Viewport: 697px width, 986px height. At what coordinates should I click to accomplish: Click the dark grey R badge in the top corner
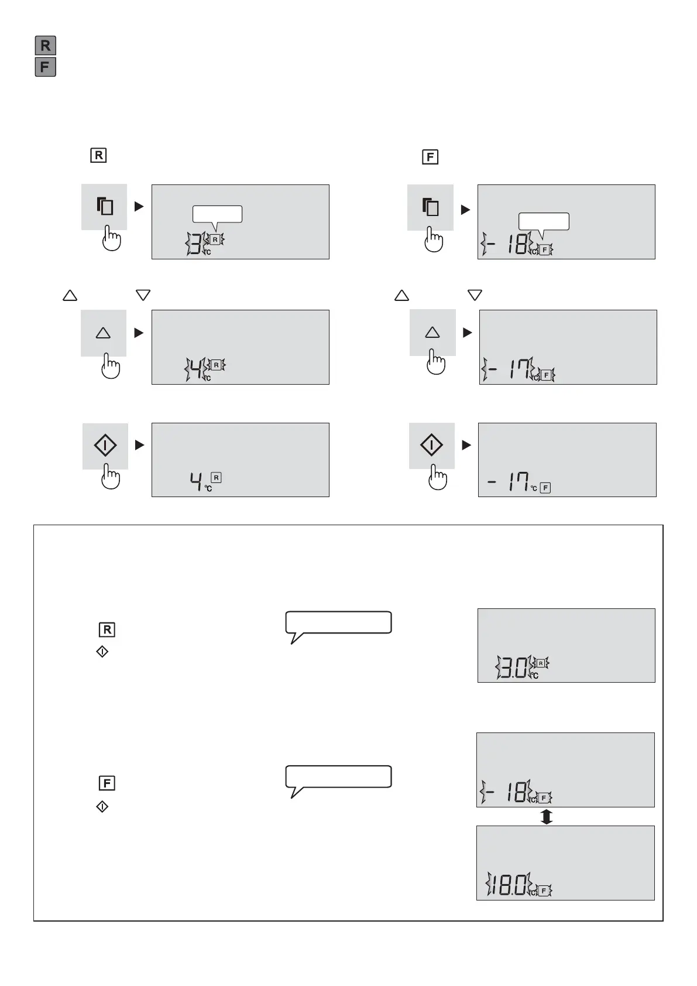point(45,46)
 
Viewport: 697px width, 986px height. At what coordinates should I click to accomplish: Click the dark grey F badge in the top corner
point(45,67)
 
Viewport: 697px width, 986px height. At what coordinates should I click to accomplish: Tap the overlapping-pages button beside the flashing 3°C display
point(105,207)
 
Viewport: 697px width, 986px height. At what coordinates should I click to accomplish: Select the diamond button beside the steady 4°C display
point(105,446)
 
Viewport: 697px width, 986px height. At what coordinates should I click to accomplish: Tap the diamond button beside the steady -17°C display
point(431,446)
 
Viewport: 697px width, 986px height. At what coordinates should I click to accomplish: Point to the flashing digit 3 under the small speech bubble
point(195,244)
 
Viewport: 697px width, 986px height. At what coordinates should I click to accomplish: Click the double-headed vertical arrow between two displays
point(546,817)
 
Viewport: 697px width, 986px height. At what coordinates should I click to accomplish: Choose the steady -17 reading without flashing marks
point(509,484)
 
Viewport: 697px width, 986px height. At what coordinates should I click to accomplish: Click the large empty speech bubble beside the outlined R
point(338,623)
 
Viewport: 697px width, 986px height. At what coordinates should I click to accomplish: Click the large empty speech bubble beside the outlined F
point(338,777)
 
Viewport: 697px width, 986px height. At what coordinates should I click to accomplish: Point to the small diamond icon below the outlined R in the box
point(102,652)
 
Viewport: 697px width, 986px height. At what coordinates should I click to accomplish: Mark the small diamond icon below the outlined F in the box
point(102,807)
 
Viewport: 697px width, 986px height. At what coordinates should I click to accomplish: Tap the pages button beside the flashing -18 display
point(431,207)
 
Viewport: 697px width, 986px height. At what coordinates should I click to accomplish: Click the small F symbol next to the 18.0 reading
point(544,891)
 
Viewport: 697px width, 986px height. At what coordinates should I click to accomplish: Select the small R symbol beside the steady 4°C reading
point(216,478)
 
